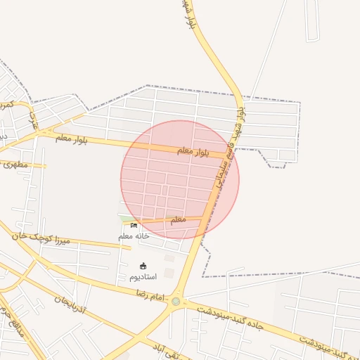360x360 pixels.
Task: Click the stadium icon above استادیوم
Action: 143,266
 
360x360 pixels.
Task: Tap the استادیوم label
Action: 143,277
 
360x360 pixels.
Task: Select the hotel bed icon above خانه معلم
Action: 134,226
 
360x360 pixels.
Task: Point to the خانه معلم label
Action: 134,236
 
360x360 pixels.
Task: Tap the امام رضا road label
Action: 148,297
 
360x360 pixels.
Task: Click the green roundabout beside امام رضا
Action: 175,302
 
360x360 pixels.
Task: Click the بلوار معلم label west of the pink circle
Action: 72,139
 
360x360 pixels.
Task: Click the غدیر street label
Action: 32,120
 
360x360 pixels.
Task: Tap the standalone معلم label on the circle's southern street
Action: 178,219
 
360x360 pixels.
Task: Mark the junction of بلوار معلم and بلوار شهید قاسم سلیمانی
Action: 229,154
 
